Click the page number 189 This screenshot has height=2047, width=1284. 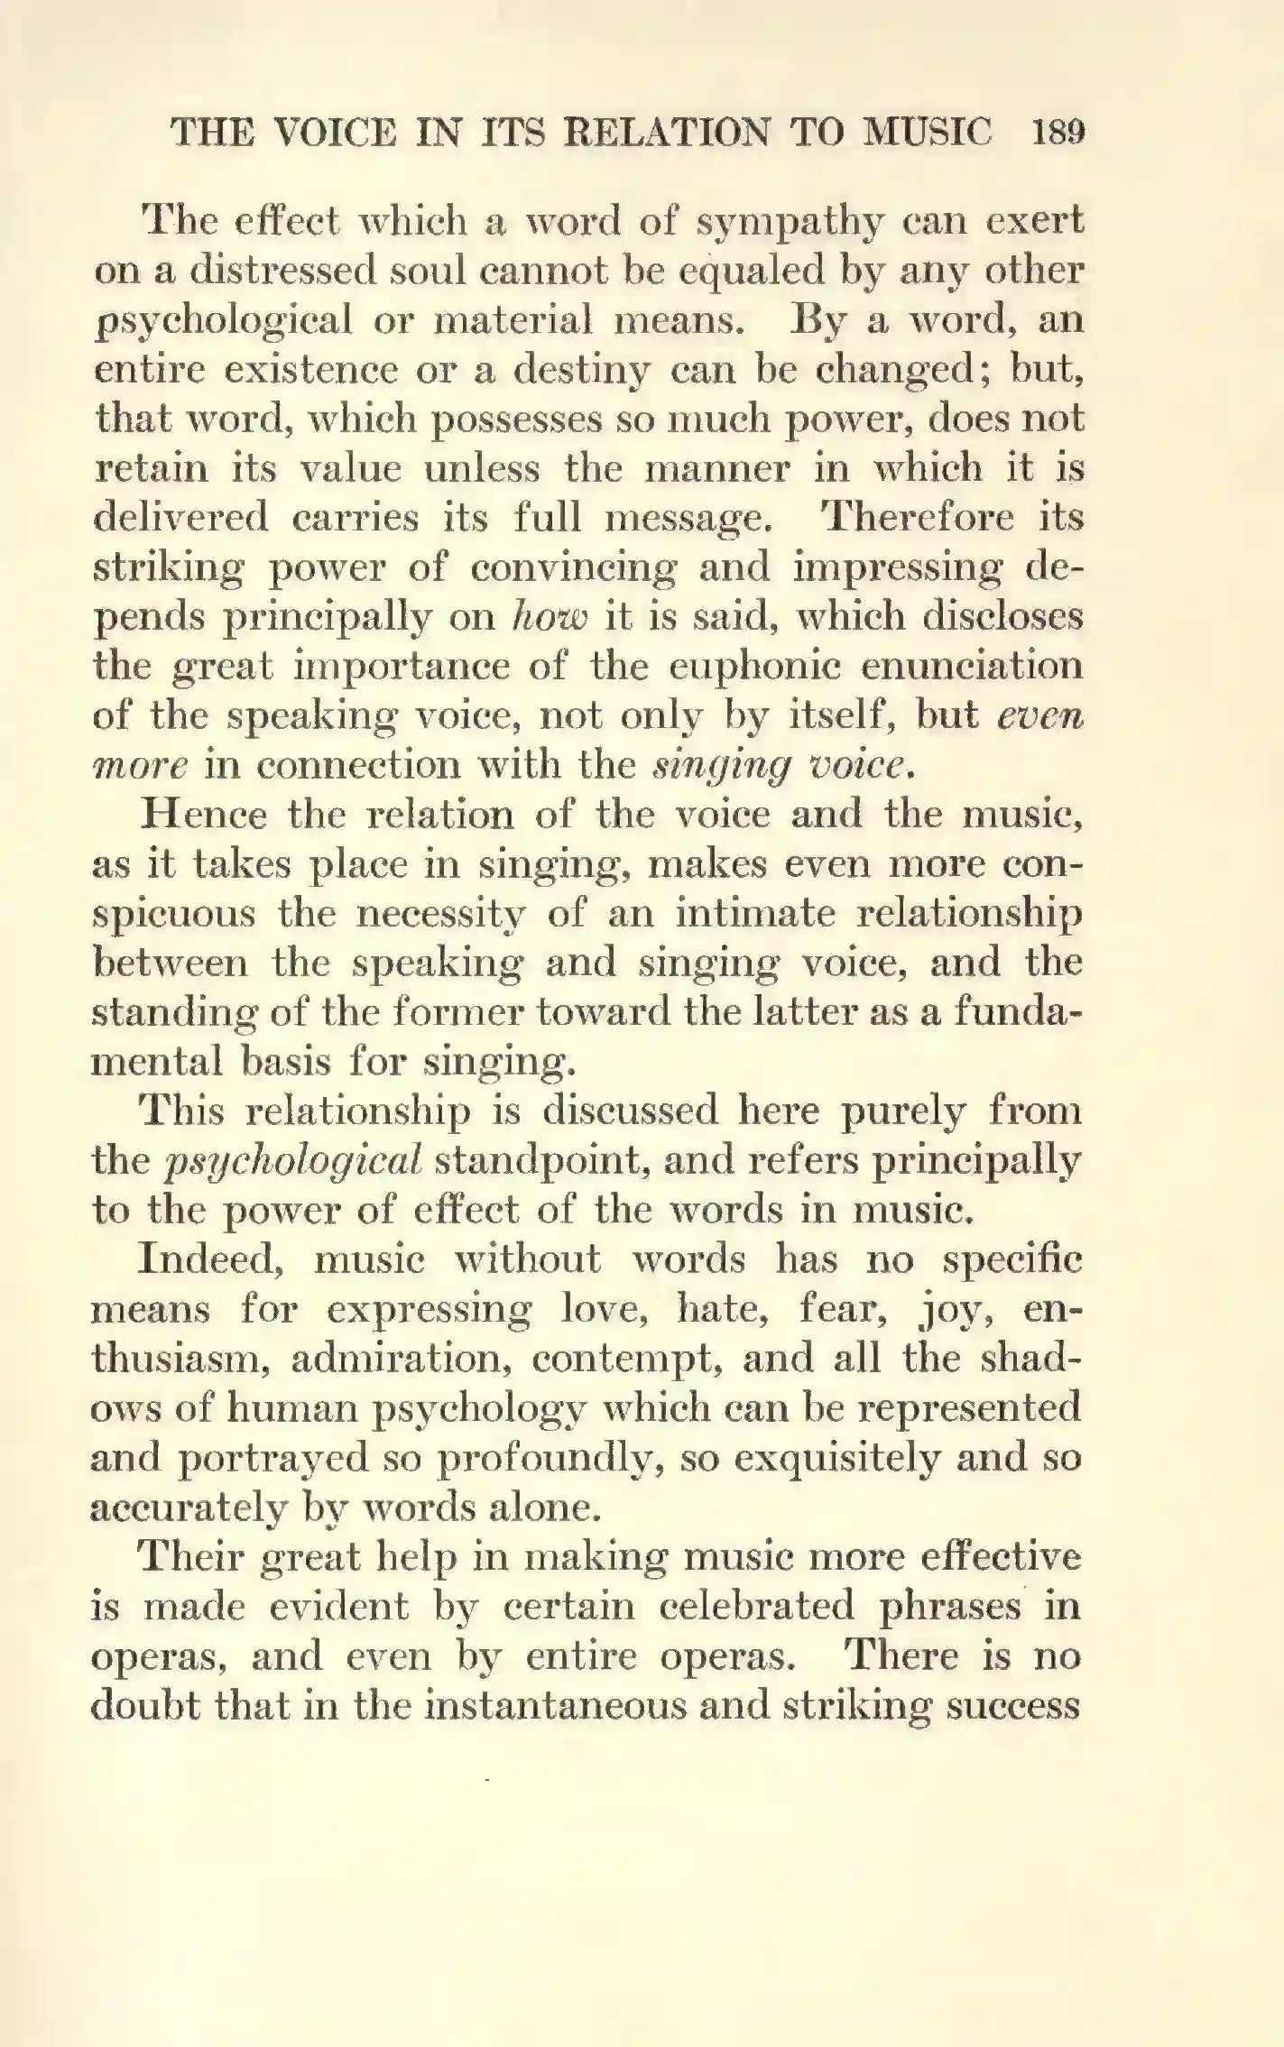(x=1057, y=133)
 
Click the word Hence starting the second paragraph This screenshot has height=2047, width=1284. (x=204, y=815)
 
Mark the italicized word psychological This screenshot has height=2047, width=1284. (x=293, y=1161)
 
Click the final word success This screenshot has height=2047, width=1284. (x=1013, y=1705)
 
